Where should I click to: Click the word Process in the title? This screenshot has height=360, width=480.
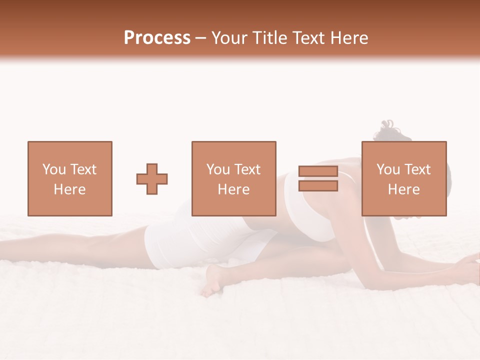coord(157,38)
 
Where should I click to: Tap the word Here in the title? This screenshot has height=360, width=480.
coord(348,38)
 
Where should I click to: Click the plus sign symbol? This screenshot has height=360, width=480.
coord(152,179)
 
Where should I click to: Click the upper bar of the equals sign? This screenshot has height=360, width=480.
coord(318,171)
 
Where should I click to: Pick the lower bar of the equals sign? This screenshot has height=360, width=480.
coord(318,185)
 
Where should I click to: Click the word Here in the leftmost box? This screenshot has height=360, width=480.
coord(69,189)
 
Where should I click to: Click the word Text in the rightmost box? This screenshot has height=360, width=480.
coord(418,169)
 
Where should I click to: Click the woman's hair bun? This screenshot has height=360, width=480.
coord(388,128)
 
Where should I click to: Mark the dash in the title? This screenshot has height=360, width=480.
coord(201,38)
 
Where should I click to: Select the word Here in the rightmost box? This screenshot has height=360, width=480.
coord(403,189)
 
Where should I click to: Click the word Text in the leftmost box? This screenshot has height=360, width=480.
coord(83,169)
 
